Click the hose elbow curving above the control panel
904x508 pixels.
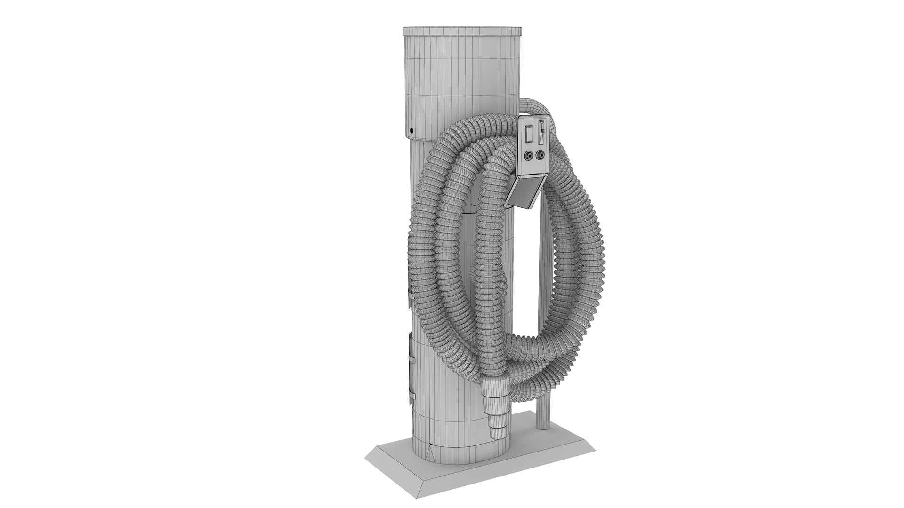[535, 106]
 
